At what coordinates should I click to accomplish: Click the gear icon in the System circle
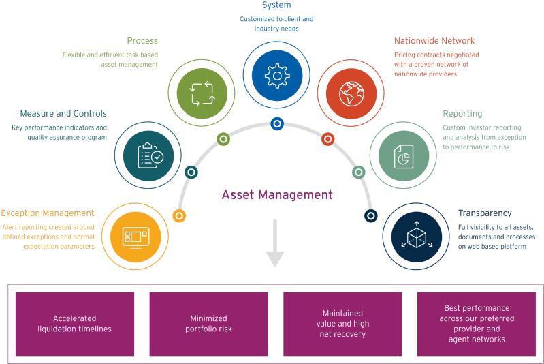pos(276,76)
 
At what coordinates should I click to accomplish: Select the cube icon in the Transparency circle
pos(415,236)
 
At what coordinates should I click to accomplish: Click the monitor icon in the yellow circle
pos(134,236)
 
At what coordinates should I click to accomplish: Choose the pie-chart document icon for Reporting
pos(404,155)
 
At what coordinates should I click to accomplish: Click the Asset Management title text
pos(277,195)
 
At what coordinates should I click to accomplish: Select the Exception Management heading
pos(48,213)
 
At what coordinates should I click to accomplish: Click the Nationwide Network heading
pos(434,41)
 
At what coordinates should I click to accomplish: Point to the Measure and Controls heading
pos(63,113)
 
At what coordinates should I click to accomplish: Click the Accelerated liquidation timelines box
pos(75,324)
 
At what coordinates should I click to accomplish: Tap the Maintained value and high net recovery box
pos(342,324)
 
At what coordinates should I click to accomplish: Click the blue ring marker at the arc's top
pos(276,123)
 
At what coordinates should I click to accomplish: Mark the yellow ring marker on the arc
pos(179,216)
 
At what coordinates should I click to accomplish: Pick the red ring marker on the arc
pos(327,139)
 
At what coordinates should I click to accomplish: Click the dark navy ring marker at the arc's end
pos(371,215)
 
